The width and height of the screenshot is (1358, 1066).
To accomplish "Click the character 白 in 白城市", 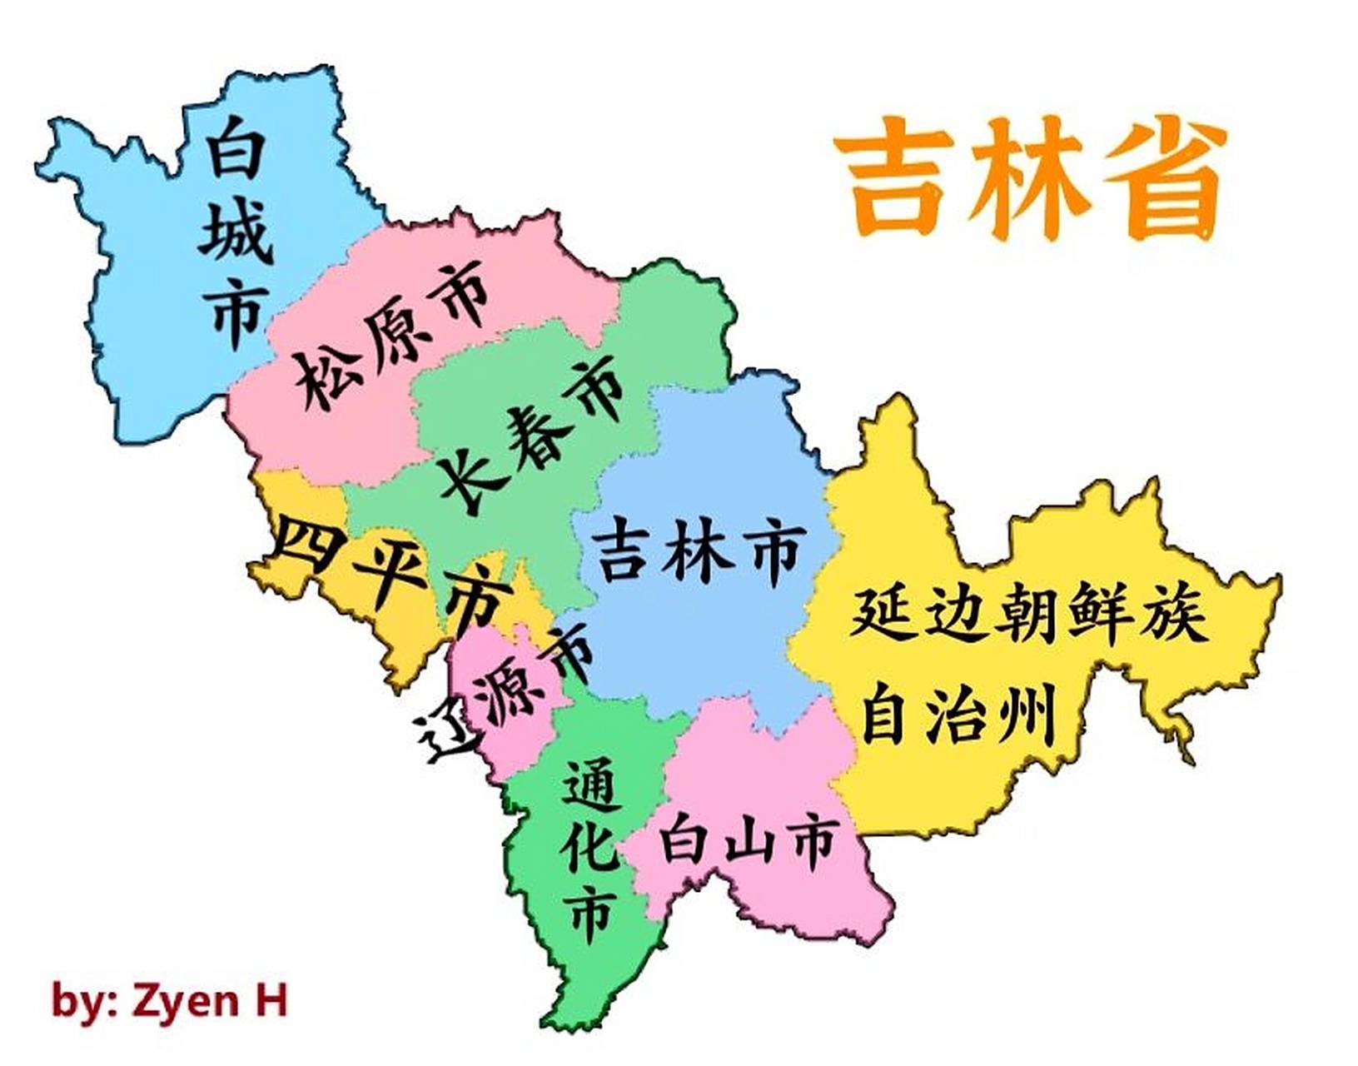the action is [236, 148].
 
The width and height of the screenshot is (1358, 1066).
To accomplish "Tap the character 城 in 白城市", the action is [236, 232].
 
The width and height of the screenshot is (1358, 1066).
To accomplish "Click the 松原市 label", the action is [391, 333].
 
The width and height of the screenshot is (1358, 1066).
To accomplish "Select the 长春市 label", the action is [533, 433].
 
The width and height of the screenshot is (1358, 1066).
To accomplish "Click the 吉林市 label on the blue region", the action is [699, 551].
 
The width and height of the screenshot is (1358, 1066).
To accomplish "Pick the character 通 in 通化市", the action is [591, 785].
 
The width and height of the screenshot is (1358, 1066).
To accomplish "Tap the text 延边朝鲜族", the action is [1028, 614].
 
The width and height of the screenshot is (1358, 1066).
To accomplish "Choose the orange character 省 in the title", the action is [1166, 177].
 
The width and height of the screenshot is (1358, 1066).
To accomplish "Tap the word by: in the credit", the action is [84, 1000].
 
